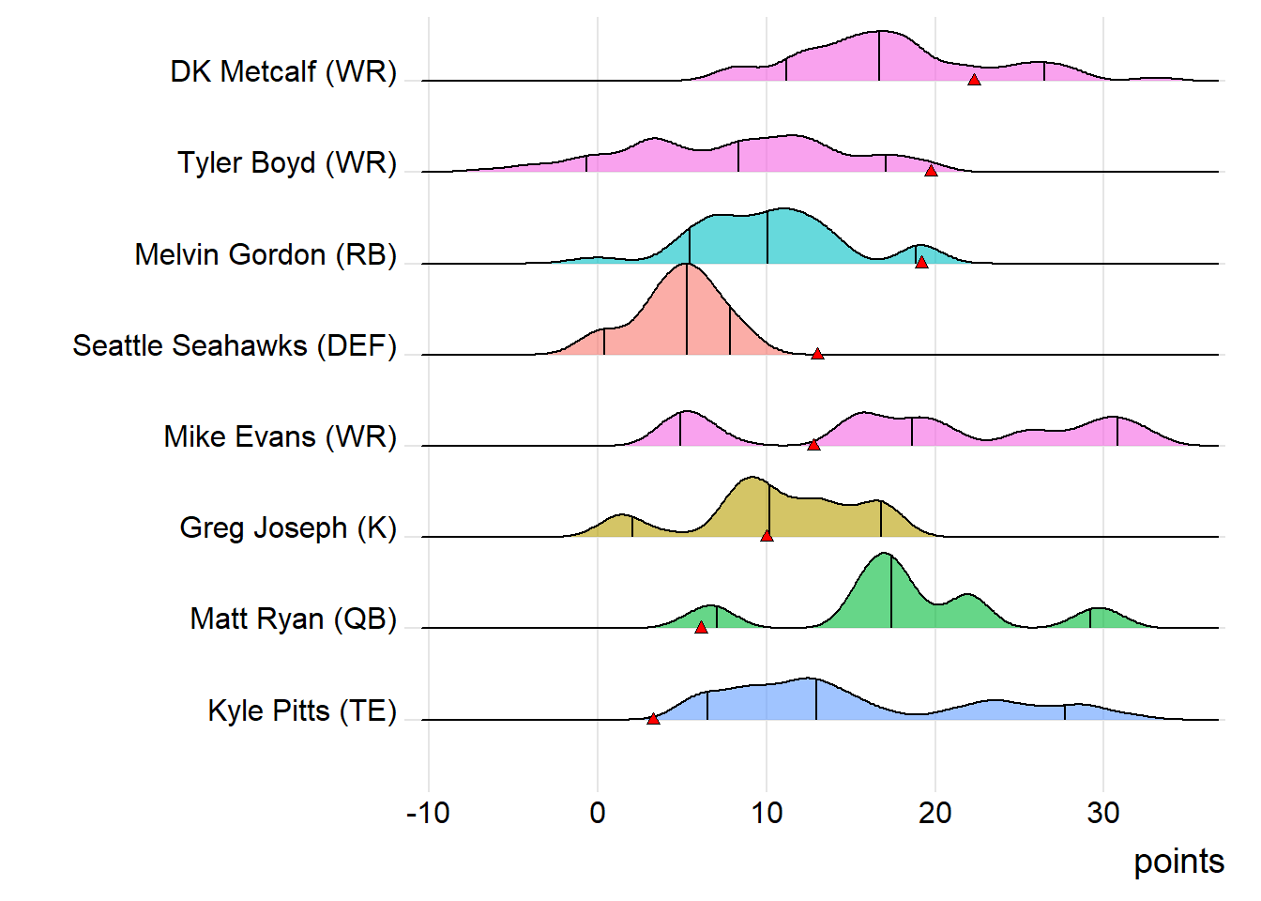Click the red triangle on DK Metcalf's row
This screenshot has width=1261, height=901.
pyautogui.click(x=974, y=80)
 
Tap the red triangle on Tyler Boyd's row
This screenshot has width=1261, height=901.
pyautogui.click(x=931, y=171)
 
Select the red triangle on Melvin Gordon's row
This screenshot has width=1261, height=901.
pyautogui.click(x=921, y=262)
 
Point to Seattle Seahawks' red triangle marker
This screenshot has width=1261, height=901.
pyautogui.click(x=817, y=354)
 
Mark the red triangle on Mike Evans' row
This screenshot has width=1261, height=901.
pyautogui.click(x=813, y=445)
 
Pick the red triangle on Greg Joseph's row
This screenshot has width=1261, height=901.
pyautogui.click(x=767, y=536)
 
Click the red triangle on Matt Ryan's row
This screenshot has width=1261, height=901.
pyautogui.click(x=701, y=627)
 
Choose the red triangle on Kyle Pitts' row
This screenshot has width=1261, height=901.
pyautogui.click(x=653, y=719)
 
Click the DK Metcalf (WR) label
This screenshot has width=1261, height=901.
pyautogui.click(x=283, y=71)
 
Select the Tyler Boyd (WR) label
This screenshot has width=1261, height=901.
pyautogui.click(x=287, y=162)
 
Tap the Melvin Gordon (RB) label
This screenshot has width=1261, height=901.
pyautogui.click(x=266, y=254)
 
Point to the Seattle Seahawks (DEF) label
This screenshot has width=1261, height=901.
pyautogui.click(x=235, y=345)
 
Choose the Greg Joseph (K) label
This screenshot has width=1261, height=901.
pyautogui.click(x=288, y=527)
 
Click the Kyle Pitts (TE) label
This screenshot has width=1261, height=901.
pyautogui.click(x=302, y=710)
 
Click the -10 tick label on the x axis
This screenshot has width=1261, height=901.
pyautogui.click(x=428, y=813)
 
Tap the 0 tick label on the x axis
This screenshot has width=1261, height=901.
pyautogui.click(x=598, y=813)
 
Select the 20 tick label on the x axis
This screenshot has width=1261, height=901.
pyautogui.click(x=934, y=813)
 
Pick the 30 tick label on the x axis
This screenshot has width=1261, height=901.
pyautogui.click(x=1103, y=813)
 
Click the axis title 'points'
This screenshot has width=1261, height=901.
pyautogui.click(x=1178, y=862)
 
